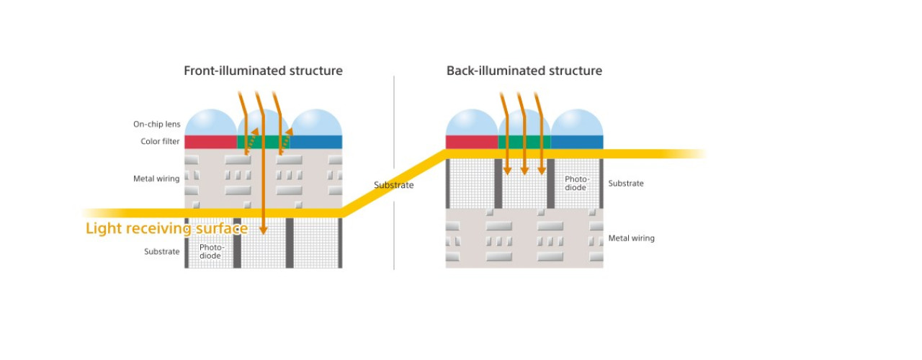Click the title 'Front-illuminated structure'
[x=263, y=71]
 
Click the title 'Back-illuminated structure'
[x=524, y=71]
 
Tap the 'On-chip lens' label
[x=157, y=125]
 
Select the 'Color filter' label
[x=160, y=142]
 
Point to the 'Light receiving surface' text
[x=166, y=228]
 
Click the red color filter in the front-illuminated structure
[x=211, y=142]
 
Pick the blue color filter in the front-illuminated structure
[x=315, y=142]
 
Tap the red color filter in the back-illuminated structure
[x=472, y=142]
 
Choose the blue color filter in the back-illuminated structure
[x=577, y=142]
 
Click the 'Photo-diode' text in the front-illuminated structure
[x=212, y=251]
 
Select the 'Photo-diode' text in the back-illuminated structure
[x=577, y=183]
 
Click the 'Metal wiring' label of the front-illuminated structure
[x=156, y=179]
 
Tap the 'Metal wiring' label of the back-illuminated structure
[x=632, y=238]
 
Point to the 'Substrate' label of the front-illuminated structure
[x=162, y=251]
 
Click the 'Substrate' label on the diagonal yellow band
[x=393, y=185]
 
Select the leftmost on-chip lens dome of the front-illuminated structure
[x=211, y=122]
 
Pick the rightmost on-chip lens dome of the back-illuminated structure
[x=577, y=122]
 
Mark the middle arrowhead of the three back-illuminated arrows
[x=524, y=171]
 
